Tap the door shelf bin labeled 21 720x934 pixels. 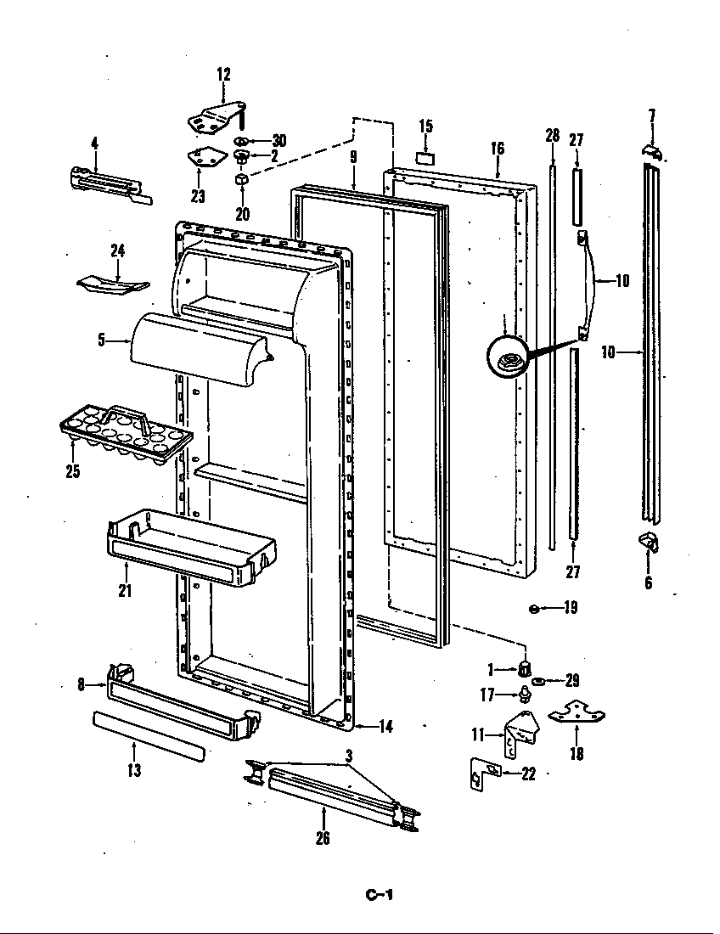pos(192,549)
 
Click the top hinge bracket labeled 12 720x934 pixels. pos(216,117)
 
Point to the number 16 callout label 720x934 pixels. pos(498,149)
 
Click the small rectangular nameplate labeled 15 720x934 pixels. pos(426,157)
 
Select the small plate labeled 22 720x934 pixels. pos(484,774)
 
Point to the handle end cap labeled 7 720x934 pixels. pos(652,150)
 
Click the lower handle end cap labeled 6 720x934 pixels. pos(649,540)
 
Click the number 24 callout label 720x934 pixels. pos(117,250)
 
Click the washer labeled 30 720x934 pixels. pos(241,140)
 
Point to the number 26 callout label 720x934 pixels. pos(323,839)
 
